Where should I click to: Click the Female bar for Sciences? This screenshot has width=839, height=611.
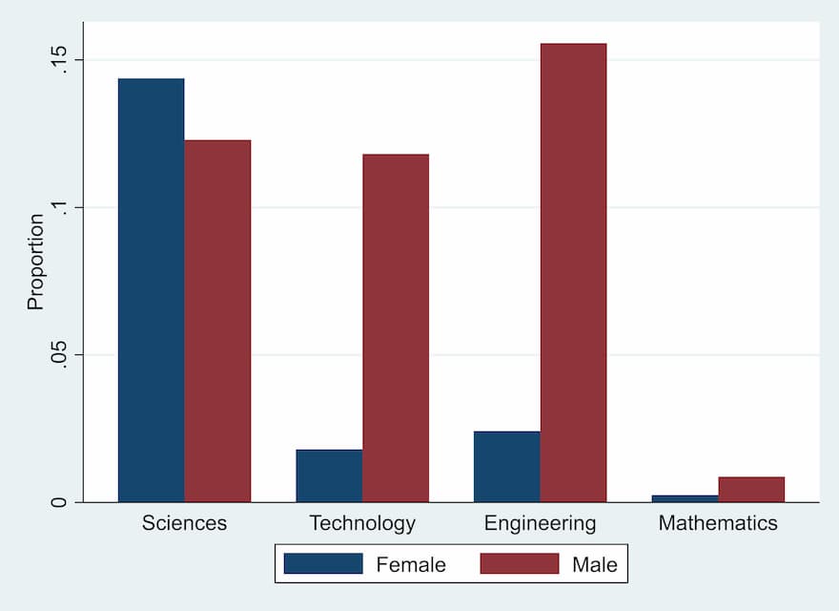(151, 290)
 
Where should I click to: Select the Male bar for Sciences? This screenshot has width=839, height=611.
(217, 321)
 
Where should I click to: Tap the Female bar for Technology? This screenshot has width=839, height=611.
(329, 475)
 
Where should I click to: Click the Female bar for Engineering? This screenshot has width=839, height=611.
(506, 467)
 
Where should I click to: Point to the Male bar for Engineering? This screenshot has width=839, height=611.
(573, 272)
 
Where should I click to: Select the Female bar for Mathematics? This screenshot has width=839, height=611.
(685, 498)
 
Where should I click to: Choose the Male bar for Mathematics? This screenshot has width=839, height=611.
(751, 490)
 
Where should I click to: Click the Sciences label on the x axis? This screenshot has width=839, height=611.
(184, 523)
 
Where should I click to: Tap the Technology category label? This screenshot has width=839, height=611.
(362, 523)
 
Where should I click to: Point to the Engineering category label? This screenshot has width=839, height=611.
(540, 523)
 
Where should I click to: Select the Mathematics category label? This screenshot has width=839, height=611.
(718, 523)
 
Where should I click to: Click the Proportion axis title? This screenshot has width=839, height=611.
(35, 262)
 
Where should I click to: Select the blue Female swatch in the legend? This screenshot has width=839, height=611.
(323, 564)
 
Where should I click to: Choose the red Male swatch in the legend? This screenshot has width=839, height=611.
(519, 564)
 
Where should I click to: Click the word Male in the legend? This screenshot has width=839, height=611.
(595, 565)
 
